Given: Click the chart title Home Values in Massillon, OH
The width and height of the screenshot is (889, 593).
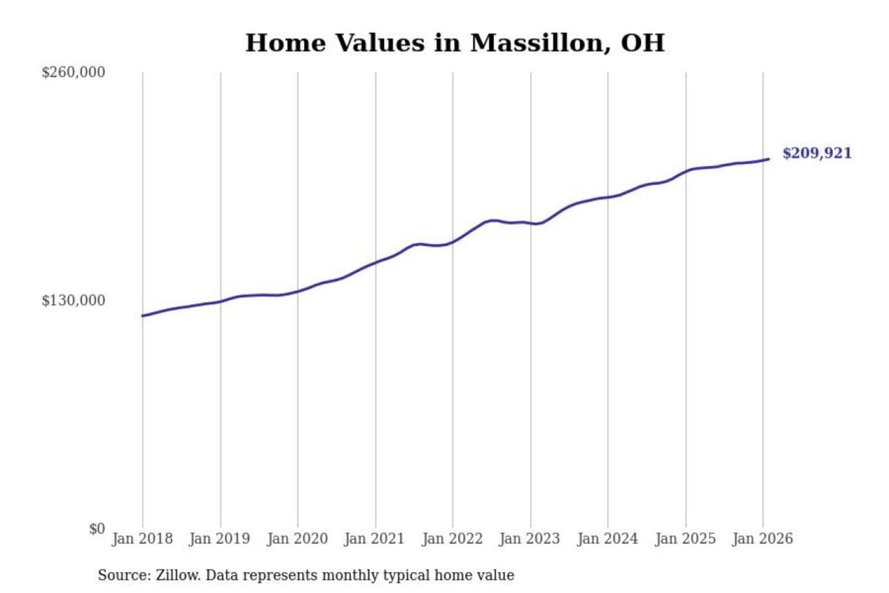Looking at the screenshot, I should click(455, 43).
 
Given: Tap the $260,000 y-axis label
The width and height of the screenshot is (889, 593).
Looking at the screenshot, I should click(73, 72).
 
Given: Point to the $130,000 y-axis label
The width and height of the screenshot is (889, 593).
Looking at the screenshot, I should click(73, 301).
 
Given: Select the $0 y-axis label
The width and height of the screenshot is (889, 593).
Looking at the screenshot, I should click(97, 529).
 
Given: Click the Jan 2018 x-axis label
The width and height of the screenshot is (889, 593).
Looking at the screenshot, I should click(142, 539).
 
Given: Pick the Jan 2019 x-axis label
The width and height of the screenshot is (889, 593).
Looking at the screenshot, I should click(220, 539).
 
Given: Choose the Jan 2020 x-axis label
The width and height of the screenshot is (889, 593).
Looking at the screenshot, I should click(297, 539).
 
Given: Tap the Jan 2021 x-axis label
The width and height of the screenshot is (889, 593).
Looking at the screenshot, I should click(374, 539).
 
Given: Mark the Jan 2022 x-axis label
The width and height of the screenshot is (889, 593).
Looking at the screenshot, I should click(452, 539).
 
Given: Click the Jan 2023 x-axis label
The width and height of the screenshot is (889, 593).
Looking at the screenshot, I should click(530, 539).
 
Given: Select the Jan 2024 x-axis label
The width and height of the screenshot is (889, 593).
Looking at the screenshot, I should click(607, 539).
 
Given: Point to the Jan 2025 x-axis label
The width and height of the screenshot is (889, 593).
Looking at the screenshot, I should click(685, 539).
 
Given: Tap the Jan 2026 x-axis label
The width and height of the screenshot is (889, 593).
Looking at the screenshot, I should click(762, 539).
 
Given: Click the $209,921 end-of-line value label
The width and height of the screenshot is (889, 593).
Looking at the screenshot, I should click(817, 153).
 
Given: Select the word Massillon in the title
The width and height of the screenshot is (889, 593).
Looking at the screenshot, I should click(536, 43).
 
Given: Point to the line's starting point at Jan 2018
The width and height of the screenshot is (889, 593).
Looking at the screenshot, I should click(143, 316).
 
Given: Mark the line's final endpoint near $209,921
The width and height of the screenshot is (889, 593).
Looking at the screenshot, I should click(769, 159).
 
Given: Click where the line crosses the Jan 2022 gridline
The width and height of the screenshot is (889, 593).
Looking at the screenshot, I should click(453, 242).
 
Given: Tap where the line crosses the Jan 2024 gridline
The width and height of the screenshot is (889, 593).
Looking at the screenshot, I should click(607, 197).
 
